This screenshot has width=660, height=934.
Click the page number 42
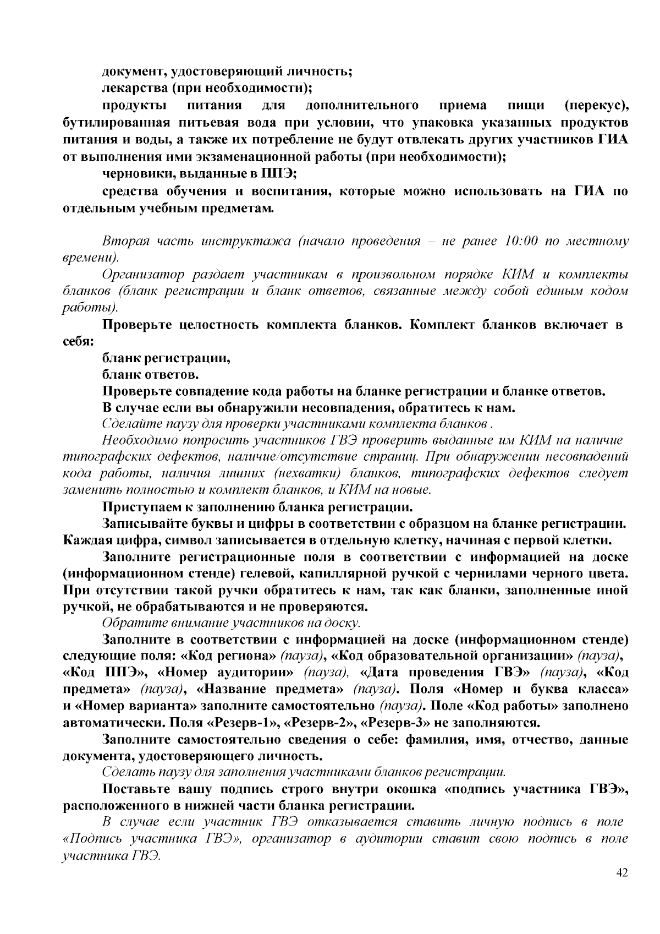[x=622, y=873]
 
